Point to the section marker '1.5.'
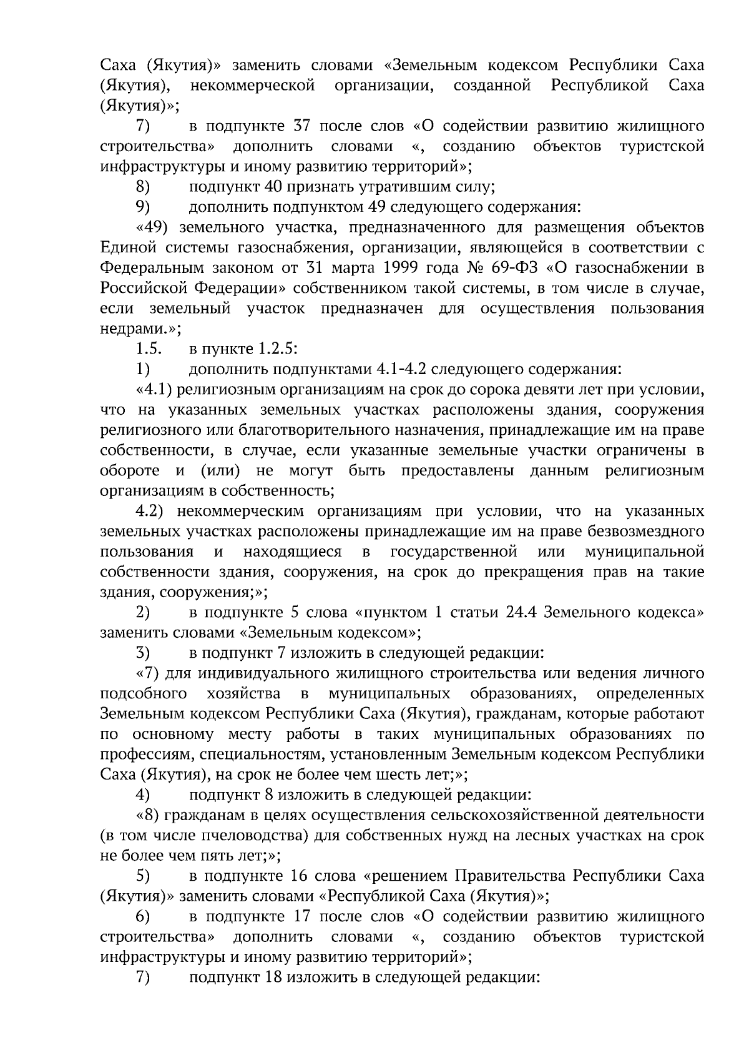(x=149, y=349)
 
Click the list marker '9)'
(x=143, y=207)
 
